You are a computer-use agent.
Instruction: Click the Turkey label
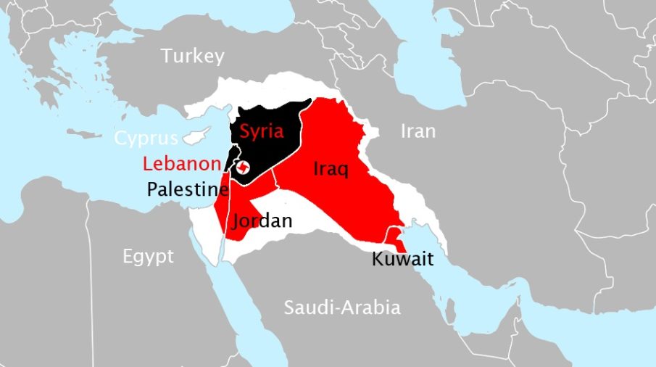pyautogui.click(x=193, y=56)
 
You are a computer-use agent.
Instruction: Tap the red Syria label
pyautogui.click(x=261, y=131)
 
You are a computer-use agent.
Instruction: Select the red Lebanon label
pyautogui.click(x=181, y=162)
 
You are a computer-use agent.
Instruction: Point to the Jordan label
pyautogui.click(x=262, y=220)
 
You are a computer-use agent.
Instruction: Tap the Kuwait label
pyautogui.click(x=402, y=258)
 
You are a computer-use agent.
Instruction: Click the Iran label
pyautogui.click(x=418, y=131)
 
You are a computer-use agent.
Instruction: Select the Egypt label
pyautogui.click(x=148, y=256)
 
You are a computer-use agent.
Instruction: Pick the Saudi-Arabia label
pyautogui.click(x=341, y=307)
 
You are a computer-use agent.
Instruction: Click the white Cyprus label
pyautogui.click(x=146, y=138)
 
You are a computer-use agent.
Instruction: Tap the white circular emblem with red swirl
pyautogui.click(x=244, y=168)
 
